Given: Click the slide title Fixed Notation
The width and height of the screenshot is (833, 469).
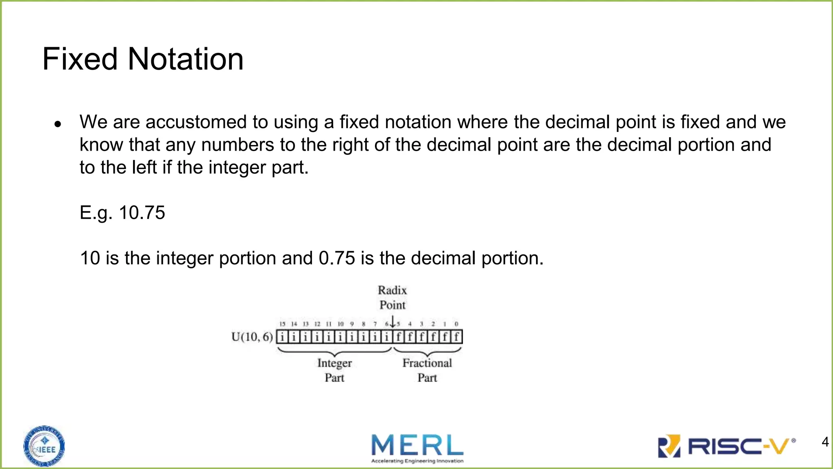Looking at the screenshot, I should tap(143, 59).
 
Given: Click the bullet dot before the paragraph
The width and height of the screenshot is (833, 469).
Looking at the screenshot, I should tap(58, 124).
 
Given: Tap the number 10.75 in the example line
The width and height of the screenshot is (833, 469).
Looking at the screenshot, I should tap(142, 213).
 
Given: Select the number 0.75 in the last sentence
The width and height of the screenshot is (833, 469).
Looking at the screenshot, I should tap(337, 258).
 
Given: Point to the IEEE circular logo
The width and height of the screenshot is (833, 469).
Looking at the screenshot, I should tap(44, 446).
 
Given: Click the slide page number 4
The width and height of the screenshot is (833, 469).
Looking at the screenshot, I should tap(825, 442).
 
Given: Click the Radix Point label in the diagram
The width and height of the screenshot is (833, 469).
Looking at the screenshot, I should tap(392, 298).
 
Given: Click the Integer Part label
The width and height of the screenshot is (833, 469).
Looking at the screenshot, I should tap(334, 370).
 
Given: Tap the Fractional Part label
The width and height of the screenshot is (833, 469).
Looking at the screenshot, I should tap(427, 370).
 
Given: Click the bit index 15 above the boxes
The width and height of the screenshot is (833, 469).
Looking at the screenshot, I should tap(282, 324).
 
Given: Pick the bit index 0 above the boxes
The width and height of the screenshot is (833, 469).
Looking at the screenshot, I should tap(456, 324).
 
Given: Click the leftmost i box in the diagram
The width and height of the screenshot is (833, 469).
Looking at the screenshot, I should tap(282, 337).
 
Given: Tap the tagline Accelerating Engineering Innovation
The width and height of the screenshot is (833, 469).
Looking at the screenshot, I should tap(417, 461).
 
